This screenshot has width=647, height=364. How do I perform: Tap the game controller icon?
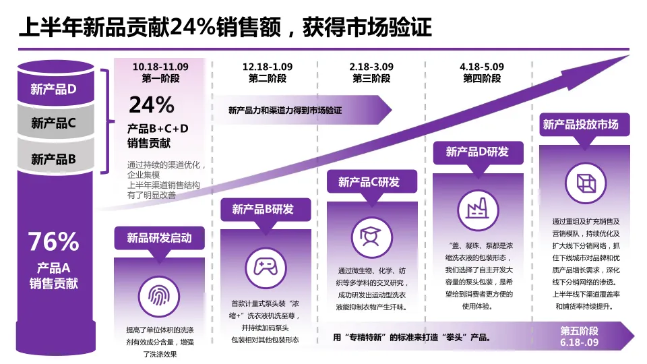(x=266, y=268)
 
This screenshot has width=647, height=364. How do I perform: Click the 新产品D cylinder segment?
(x=53, y=88)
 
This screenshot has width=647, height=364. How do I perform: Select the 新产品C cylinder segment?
(x=53, y=123)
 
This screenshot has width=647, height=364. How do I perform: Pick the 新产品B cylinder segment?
(x=53, y=159)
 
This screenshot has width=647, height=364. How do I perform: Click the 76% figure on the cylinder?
(x=53, y=241)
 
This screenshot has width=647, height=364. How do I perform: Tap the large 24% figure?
(x=152, y=104)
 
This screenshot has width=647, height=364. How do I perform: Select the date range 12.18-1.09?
(x=268, y=67)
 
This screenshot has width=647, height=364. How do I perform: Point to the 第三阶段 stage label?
(x=371, y=79)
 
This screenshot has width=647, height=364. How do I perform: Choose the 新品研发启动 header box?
(x=159, y=238)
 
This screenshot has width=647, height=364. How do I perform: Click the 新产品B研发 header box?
(x=266, y=210)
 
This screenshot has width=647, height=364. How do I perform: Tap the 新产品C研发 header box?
(x=371, y=182)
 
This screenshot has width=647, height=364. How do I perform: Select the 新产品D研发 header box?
(x=477, y=152)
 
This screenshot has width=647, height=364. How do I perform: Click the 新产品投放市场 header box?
(x=580, y=125)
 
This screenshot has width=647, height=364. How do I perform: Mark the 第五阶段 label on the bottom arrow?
(x=580, y=331)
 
